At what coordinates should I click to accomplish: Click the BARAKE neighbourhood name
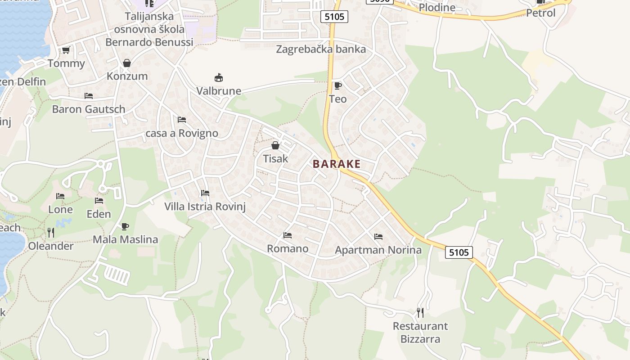(x=337, y=164)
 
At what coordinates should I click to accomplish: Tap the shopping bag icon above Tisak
(x=275, y=146)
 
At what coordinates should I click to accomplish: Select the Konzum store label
(x=127, y=76)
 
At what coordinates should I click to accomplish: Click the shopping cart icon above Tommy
(x=66, y=50)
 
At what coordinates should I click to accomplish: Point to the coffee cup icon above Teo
(x=337, y=85)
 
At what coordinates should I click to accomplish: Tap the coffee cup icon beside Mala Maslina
(x=125, y=226)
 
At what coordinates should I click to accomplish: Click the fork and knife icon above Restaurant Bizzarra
(x=420, y=312)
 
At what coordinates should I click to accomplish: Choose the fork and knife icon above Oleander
(x=51, y=233)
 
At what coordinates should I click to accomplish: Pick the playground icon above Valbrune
(x=219, y=78)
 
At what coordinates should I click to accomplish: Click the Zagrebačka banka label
(x=321, y=49)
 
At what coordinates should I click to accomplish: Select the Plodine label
(x=437, y=8)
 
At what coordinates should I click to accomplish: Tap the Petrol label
(x=541, y=13)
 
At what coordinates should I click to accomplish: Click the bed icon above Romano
(x=288, y=235)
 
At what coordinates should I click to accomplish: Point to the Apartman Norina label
(x=378, y=250)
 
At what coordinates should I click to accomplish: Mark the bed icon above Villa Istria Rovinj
(x=205, y=193)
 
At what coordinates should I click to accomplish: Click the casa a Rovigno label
(x=182, y=133)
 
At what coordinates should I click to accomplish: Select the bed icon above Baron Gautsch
(x=89, y=96)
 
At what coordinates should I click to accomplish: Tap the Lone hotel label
(x=60, y=209)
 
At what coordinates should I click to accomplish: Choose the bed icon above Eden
(x=99, y=201)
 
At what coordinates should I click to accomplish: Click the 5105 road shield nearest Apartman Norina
(x=459, y=252)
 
